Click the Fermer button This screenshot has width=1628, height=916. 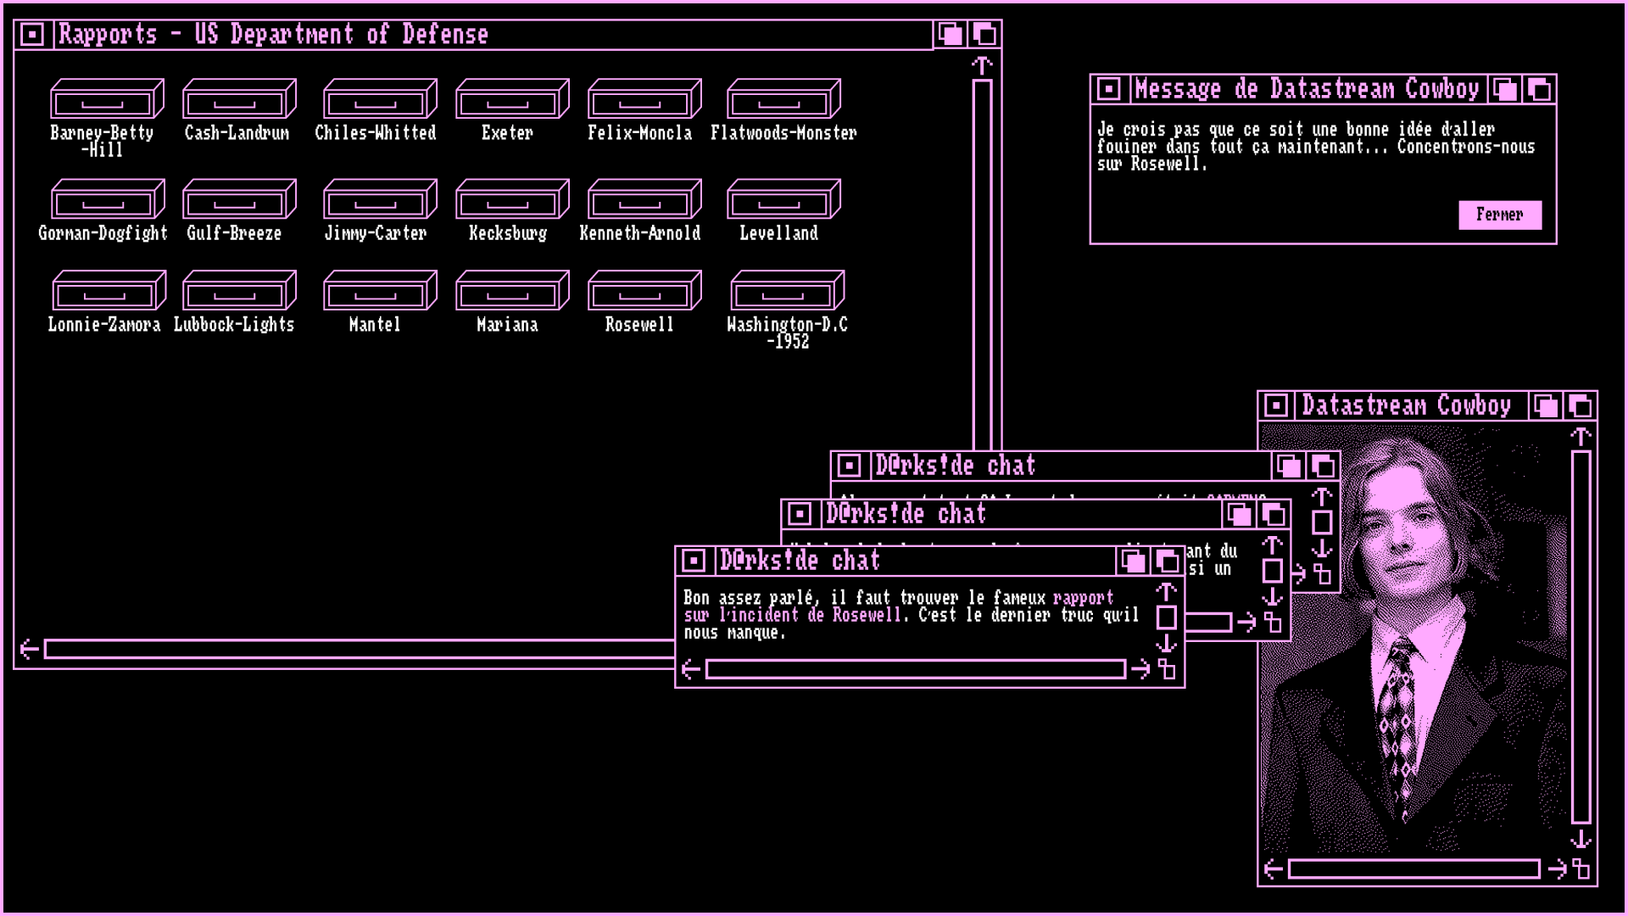[1499, 215]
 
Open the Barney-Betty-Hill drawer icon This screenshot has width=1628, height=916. [107, 99]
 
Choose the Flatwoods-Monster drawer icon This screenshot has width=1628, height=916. [783, 99]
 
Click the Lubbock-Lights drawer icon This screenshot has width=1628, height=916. [239, 291]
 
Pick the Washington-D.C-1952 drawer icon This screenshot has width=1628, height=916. [787, 291]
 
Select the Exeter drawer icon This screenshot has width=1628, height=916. [512, 99]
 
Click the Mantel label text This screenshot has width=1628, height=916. [375, 325]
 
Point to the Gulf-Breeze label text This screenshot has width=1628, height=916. [234, 233]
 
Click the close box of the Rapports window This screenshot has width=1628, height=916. [32, 35]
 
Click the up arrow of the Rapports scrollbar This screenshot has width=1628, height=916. [982, 65]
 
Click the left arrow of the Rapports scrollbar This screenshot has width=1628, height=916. [29, 650]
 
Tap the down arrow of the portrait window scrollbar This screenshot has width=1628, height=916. [1581, 840]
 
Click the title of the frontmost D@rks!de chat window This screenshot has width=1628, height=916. [800, 561]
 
